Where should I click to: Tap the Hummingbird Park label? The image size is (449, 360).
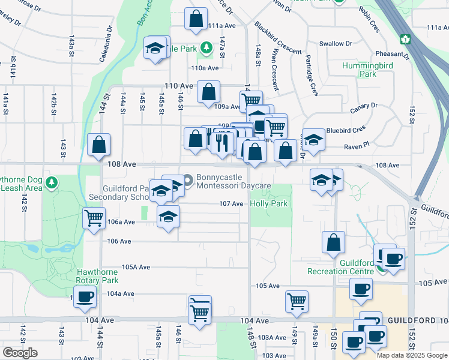[x=368, y=70]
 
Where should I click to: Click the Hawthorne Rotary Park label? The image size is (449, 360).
[x=97, y=276]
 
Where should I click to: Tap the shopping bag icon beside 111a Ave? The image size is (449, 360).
[x=196, y=20]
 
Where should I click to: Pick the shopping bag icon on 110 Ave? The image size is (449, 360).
[x=208, y=93]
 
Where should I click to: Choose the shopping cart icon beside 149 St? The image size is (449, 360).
[x=297, y=302]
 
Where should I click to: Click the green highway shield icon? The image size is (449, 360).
[x=406, y=39]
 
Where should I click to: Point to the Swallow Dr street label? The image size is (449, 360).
[x=336, y=44]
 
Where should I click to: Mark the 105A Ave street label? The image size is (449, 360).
[x=136, y=267]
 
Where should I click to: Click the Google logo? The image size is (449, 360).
[x=20, y=353]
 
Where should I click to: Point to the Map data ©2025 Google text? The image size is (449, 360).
[x=411, y=355]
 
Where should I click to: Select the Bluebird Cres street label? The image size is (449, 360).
[x=346, y=130]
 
